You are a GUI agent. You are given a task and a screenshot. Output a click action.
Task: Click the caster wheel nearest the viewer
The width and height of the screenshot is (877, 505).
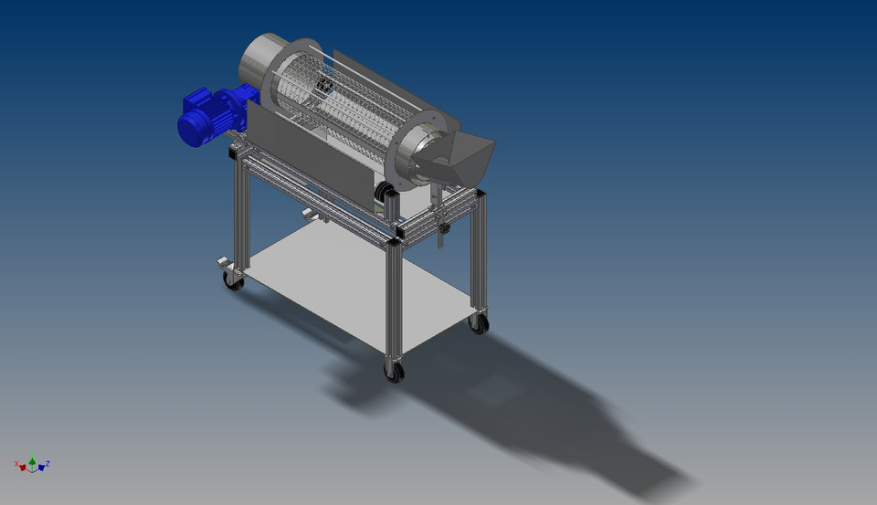pos(394,371)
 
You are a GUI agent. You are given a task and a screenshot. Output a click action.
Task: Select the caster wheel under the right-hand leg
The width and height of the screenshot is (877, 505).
pos(479,322)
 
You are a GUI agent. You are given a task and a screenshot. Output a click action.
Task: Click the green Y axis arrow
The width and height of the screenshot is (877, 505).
pos(32,458)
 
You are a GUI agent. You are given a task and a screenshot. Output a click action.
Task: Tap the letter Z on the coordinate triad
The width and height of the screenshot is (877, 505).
pos(48,463)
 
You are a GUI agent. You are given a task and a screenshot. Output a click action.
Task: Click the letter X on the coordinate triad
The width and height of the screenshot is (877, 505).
pos(16,463)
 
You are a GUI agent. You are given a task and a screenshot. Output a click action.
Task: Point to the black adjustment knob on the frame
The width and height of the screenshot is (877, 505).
pos(445,228)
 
